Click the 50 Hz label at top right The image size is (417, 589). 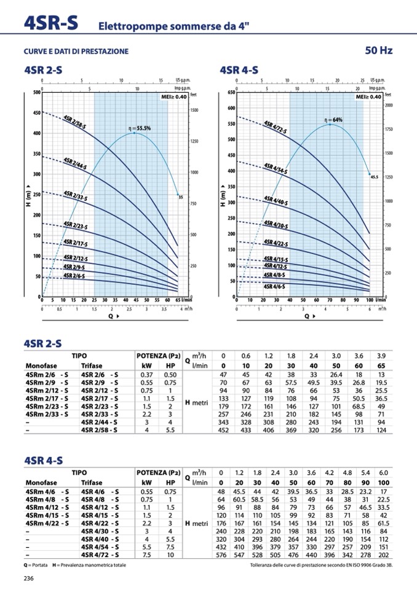point(378,50)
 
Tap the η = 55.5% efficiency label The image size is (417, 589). point(139,128)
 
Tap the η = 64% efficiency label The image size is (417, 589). point(333,119)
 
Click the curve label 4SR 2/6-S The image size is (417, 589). point(74,276)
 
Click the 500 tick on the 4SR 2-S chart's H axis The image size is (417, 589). point(36,93)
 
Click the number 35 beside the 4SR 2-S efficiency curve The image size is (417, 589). point(181,197)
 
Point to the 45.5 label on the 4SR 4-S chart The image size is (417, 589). point(374,176)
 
